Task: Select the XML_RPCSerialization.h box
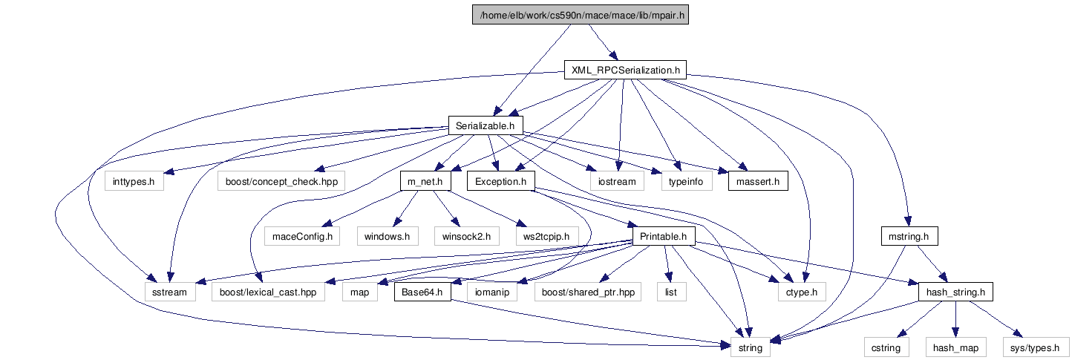624,71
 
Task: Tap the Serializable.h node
486,125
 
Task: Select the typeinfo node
686,180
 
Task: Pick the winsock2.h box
466,236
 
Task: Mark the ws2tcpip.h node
546,236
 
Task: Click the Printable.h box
663,236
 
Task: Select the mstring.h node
909,236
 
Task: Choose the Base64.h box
422,292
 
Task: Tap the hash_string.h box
955,292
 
